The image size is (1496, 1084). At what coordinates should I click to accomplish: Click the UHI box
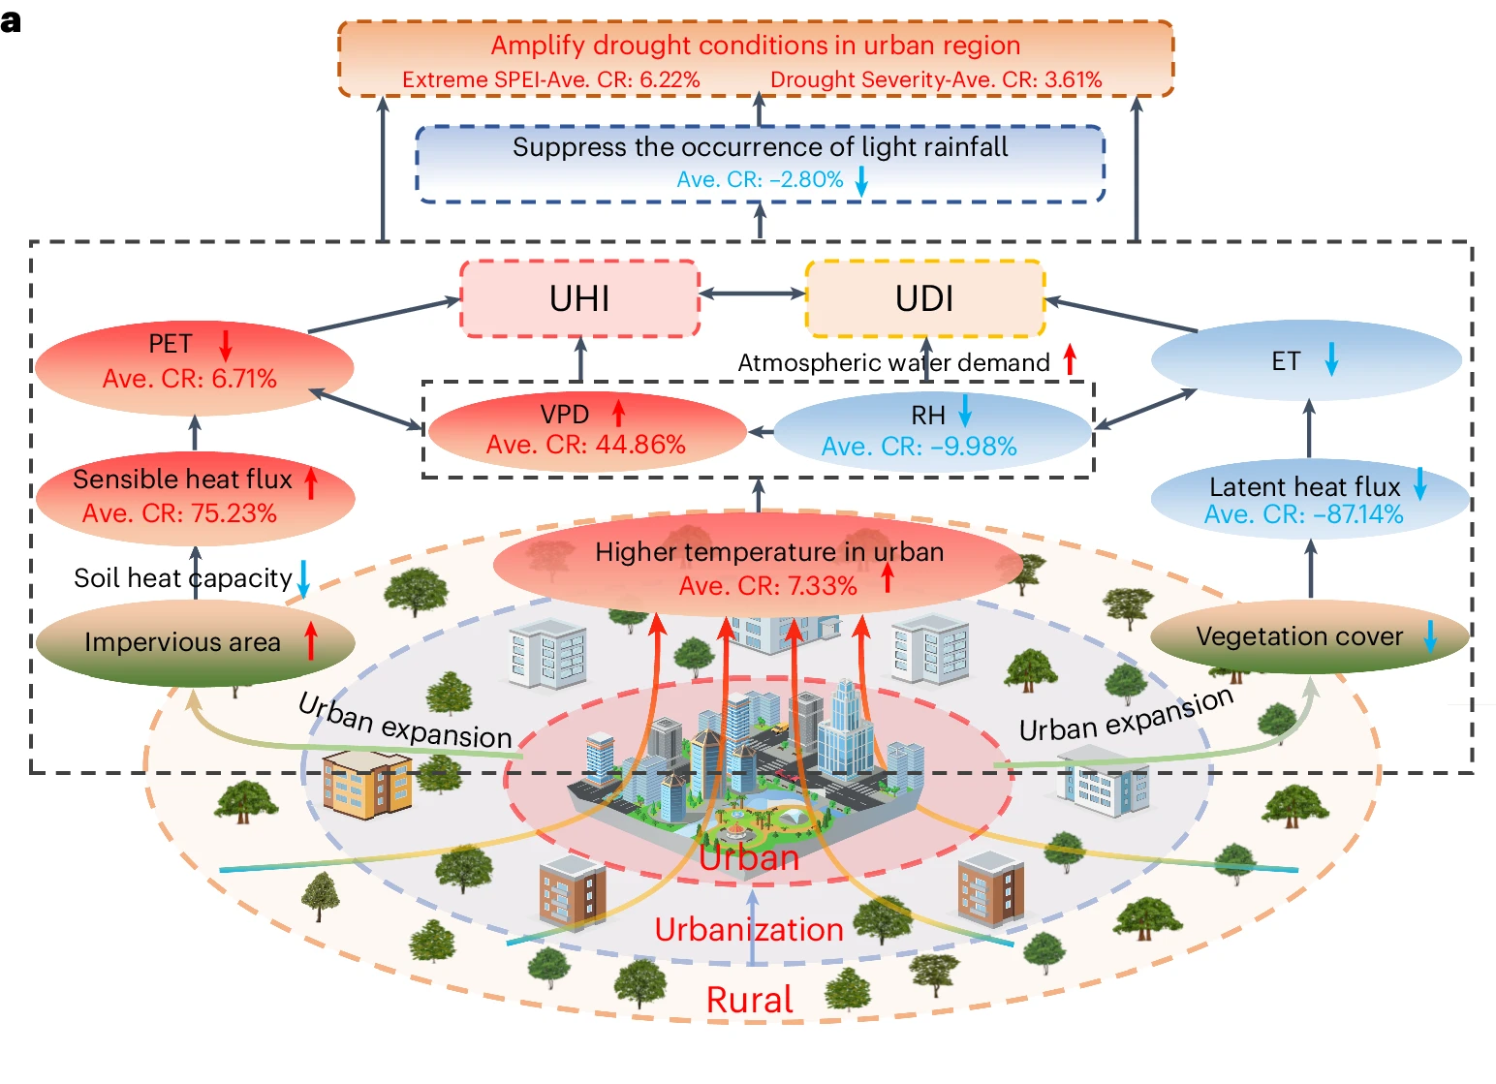579,298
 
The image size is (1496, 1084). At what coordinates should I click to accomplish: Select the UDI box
924,298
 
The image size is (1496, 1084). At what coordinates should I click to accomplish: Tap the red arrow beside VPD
618,414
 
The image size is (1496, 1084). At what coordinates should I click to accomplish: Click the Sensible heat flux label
182,480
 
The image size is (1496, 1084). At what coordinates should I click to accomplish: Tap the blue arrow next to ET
1331,359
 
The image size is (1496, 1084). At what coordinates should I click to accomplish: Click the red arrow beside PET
225,345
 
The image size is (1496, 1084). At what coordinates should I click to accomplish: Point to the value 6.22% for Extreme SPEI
670,79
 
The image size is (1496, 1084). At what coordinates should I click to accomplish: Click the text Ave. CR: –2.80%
760,179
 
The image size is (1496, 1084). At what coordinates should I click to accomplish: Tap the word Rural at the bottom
749,1000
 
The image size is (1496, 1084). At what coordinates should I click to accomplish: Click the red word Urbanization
749,930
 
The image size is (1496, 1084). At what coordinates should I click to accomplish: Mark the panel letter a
12,21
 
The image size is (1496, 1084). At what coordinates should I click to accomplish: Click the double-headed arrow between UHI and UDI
752,294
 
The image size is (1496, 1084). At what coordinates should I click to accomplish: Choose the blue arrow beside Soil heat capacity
303,579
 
